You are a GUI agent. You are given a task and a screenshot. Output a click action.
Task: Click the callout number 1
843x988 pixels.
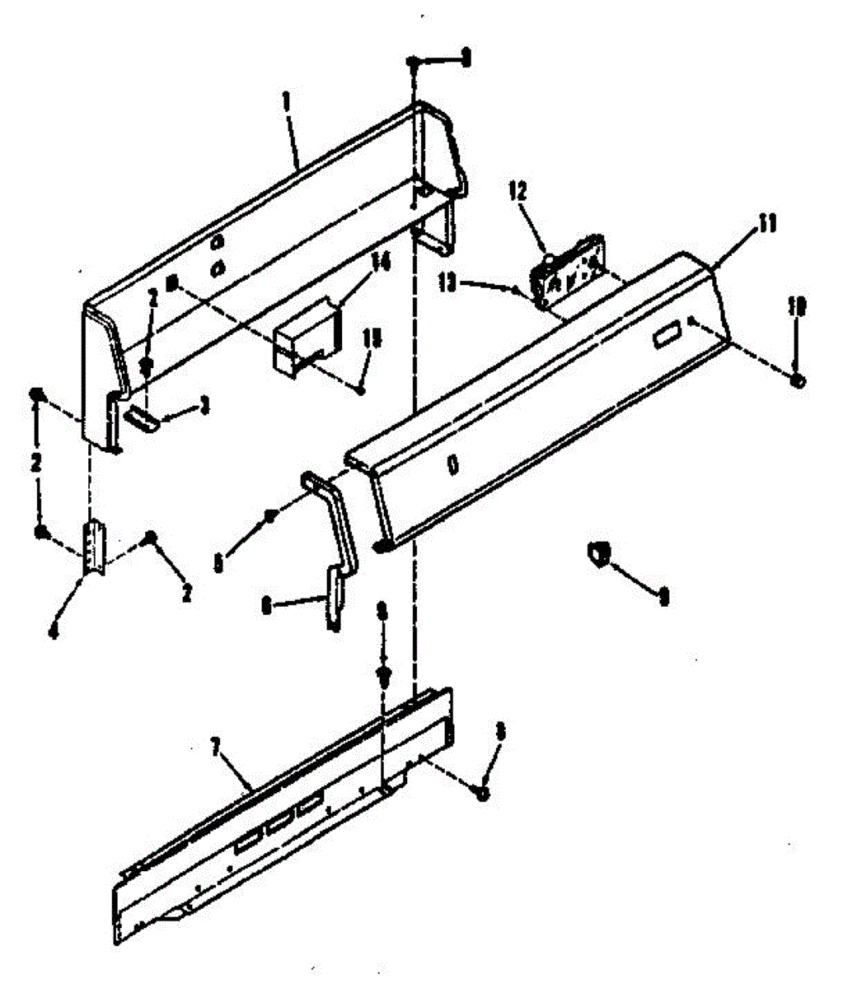[287, 101]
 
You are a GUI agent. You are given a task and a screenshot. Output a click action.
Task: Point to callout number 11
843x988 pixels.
[767, 224]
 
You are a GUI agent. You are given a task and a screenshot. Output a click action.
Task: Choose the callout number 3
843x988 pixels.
[206, 403]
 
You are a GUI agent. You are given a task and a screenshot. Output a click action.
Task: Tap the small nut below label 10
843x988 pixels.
[798, 380]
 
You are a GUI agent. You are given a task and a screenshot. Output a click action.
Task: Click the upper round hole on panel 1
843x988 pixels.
[218, 243]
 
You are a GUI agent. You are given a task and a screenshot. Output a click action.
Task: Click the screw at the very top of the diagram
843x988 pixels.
[416, 63]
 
